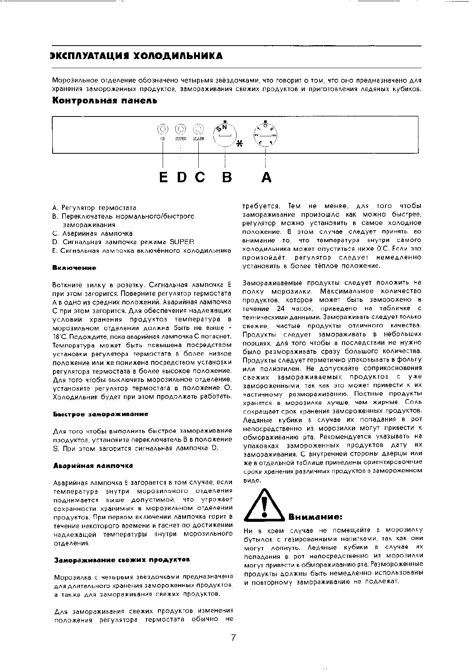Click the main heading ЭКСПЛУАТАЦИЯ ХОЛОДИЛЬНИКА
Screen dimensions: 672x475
click(137, 56)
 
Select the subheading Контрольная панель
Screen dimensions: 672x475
click(105, 101)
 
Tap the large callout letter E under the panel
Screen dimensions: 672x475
click(163, 177)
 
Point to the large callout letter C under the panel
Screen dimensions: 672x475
click(200, 177)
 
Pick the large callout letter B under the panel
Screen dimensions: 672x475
click(226, 177)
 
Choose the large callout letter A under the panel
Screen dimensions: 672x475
click(266, 177)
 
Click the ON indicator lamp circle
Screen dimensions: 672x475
click(162, 129)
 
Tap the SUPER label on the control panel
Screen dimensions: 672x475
click(180, 139)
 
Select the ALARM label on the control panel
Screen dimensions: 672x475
click(198, 139)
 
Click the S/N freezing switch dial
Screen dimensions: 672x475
click(225, 134)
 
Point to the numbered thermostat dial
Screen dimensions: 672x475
click(266, 134)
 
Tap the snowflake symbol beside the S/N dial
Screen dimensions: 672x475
click(239, 144)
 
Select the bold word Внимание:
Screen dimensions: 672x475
click(315, 517)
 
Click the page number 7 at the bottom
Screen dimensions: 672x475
click(234, 638)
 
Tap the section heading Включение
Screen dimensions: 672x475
click(74, 268)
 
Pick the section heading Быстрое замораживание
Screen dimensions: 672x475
click(101, 414)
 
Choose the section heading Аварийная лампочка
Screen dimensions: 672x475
click(93, 465)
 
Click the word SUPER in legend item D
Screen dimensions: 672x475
click(182, 242)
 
